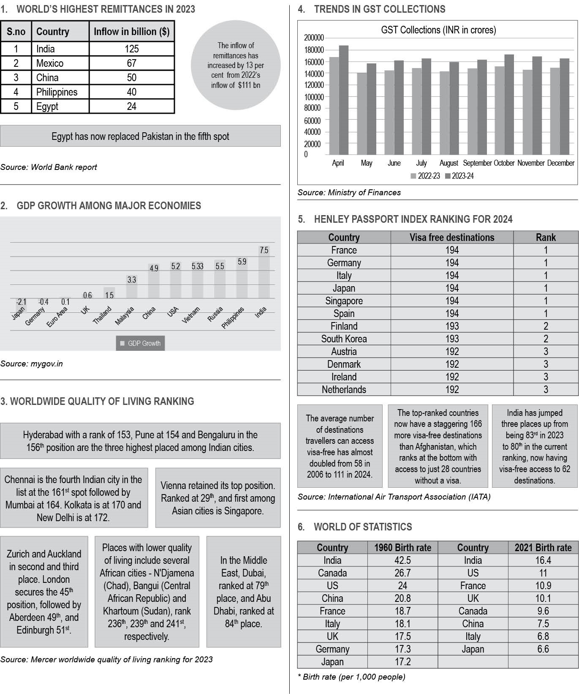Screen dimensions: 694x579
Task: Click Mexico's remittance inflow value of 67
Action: tap(131, 63)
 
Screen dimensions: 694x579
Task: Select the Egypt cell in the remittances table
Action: tap(47, 107)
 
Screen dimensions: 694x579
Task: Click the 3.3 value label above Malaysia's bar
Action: tap(132, 280)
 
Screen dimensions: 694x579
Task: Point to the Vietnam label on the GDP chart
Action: tap(191, 315)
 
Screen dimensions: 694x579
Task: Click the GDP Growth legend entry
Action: tap(141, 343)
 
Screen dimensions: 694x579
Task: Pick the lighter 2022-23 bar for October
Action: tap(500, 110)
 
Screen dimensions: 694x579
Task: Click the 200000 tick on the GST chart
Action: tap(314, 38)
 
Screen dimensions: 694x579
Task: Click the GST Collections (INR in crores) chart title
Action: tap(438, 30)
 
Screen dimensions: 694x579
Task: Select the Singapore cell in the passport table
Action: tap(344, 301)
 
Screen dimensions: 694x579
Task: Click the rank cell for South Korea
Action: tap(546, 339)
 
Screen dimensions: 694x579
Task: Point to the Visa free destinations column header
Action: tap(452, 238)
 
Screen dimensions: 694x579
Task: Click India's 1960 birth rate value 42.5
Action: tap(402, 560)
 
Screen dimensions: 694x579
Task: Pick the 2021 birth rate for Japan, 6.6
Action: tap(543, 649)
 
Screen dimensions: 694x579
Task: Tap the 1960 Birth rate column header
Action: tap(402, 548)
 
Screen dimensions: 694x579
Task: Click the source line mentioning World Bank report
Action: tap(49, 167)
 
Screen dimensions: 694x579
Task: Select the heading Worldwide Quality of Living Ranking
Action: tap(98, 402)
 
